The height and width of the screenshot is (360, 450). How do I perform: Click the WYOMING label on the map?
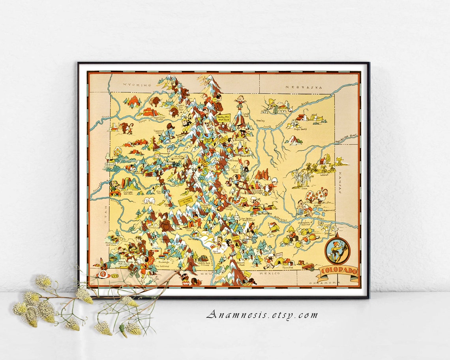point(137,84)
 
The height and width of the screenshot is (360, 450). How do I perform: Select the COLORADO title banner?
point(338,271)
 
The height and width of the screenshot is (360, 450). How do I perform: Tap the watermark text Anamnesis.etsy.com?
point(262,315)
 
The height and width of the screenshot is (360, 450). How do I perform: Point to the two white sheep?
point(150,201)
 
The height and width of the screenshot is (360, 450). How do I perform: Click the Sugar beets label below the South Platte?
point(305,128)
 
